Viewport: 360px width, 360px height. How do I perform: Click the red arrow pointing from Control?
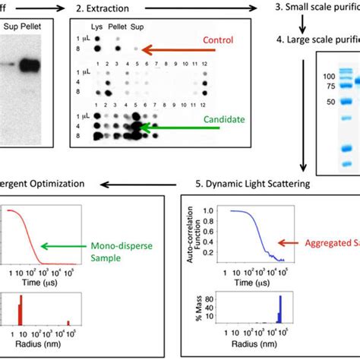(x=172, y=52)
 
